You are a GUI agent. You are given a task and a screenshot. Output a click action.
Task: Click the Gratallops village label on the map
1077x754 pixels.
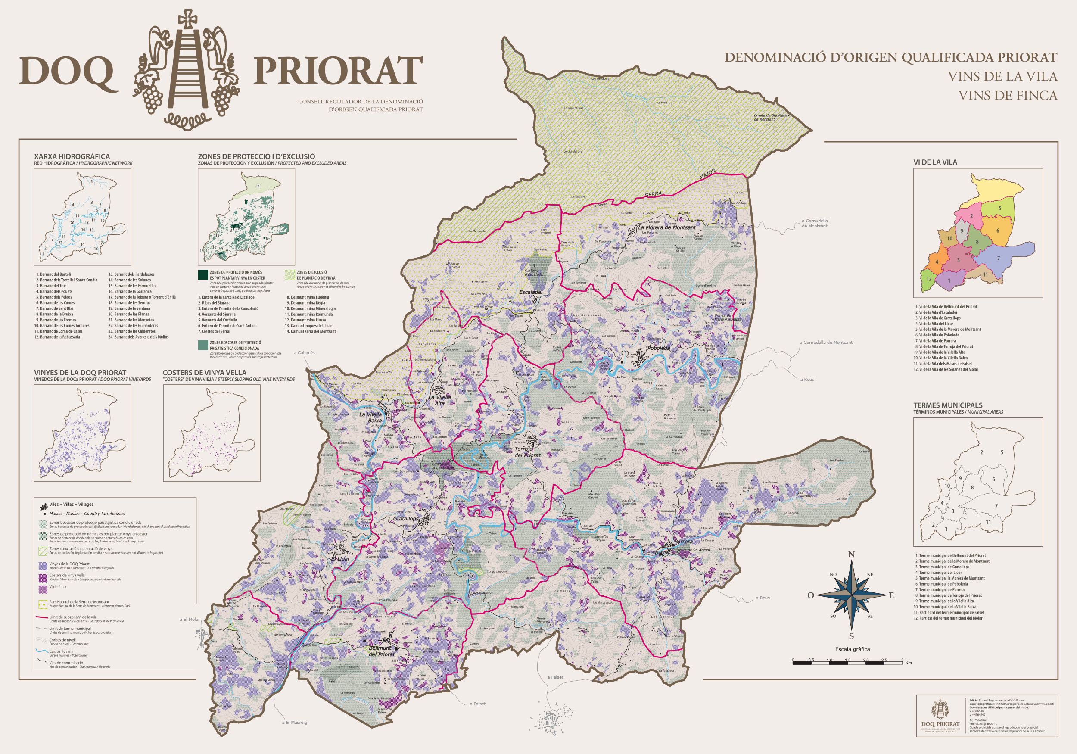click(406, 519)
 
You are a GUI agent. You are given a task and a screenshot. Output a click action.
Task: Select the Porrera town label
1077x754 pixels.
click(682, 542)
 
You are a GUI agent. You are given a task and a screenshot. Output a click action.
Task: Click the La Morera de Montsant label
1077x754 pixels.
click(666, 227)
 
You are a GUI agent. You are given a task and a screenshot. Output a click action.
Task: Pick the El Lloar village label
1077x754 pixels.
click(341, 559)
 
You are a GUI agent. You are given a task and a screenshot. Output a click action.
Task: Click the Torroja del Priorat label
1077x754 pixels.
click(528, 452)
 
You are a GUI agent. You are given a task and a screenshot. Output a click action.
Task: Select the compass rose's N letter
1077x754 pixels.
click(851, 555)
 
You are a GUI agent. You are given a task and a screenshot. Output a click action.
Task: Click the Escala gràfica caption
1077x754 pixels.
click(852, 649)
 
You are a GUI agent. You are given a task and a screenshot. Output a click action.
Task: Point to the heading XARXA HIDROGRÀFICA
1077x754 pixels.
click(72, 156)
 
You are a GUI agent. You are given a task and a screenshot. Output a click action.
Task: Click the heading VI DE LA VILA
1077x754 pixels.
click(935, 162)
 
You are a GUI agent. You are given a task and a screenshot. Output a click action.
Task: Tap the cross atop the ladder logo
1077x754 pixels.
click(188, 19)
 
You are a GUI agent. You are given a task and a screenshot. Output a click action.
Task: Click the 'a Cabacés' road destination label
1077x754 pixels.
click(305, 353)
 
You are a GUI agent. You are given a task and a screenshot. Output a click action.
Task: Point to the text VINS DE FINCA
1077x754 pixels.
click(1007, 96)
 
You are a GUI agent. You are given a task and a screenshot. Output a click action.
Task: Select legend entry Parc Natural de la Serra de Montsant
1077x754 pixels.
click(79, 601)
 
